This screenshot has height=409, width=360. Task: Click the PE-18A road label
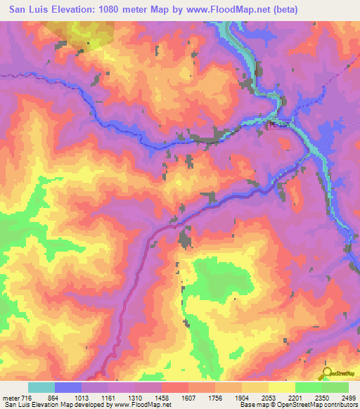coord(278,124)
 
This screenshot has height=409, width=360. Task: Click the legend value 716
coord(28,398)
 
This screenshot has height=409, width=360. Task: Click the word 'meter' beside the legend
coord(11,398)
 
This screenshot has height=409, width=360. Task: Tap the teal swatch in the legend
coord(41,387)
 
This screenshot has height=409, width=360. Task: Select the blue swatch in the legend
coord(68,387)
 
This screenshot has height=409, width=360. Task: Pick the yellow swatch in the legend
coord(282,387)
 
